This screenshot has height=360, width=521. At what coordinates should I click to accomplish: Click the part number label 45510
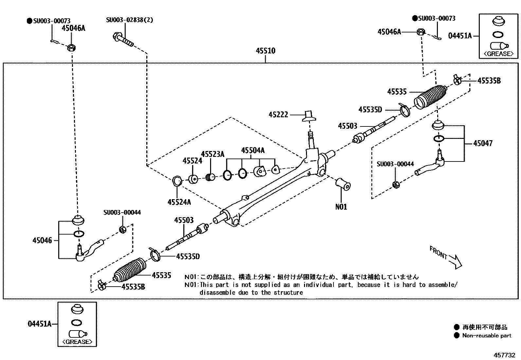[265, 51]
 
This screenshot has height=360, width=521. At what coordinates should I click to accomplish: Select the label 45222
[278, 115]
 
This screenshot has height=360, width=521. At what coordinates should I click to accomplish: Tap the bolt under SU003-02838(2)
[123, 40]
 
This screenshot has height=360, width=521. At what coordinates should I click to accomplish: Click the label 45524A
[179, 202]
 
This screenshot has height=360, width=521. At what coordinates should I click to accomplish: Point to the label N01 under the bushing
[341, 207]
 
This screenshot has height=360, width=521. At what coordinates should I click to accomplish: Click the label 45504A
[253, 150]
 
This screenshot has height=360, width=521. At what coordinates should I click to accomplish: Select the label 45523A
[213, 154]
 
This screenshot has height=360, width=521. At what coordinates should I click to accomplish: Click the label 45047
[482, 143]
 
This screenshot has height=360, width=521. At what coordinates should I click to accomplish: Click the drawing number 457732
[504, 355]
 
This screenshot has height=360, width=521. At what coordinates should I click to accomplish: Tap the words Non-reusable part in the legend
[487, 335]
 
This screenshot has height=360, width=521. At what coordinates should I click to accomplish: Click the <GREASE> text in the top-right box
[498, 54]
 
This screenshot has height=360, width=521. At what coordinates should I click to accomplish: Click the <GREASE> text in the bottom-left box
[77, 342]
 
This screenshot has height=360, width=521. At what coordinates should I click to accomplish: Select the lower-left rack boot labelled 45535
[130, 270]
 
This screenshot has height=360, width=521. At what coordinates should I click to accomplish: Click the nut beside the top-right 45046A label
[421, 32]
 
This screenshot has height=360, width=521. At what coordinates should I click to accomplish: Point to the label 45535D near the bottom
[188, 256]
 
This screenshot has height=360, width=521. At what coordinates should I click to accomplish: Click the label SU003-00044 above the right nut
[395, 164]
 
